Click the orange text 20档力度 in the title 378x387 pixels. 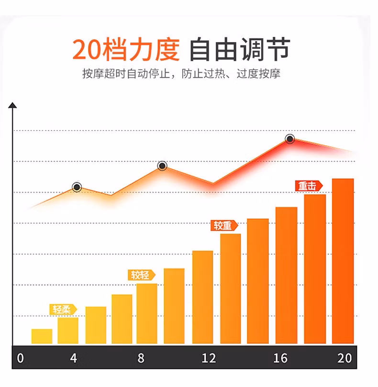click(126, 49)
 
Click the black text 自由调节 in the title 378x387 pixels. click(240, 49)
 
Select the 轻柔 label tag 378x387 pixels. click(63, 309)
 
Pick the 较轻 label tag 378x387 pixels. click(142, 275)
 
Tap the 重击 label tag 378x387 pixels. click(308, 185)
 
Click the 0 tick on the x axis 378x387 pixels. click(20, 358)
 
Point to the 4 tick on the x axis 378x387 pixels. click(73, 358)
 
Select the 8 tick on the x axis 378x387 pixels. click(141, 358)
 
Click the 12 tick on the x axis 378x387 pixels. click(209, 358)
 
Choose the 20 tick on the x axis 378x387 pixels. click(345, 358)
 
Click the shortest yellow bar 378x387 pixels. click(42, 336)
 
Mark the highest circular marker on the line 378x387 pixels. click(289, 139)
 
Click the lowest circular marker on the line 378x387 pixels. click(77, 187)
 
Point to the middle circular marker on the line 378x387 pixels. click(162, 166)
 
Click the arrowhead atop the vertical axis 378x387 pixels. click(13, 105)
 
